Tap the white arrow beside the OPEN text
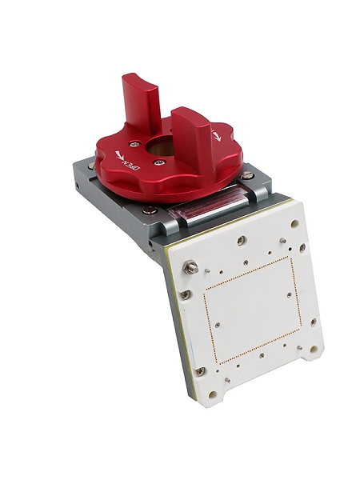[x=119, y=154]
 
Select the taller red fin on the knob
[x=141, y=101]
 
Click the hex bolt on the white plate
[x=190, y=267]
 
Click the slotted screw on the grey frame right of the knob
[x=246, y=176]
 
